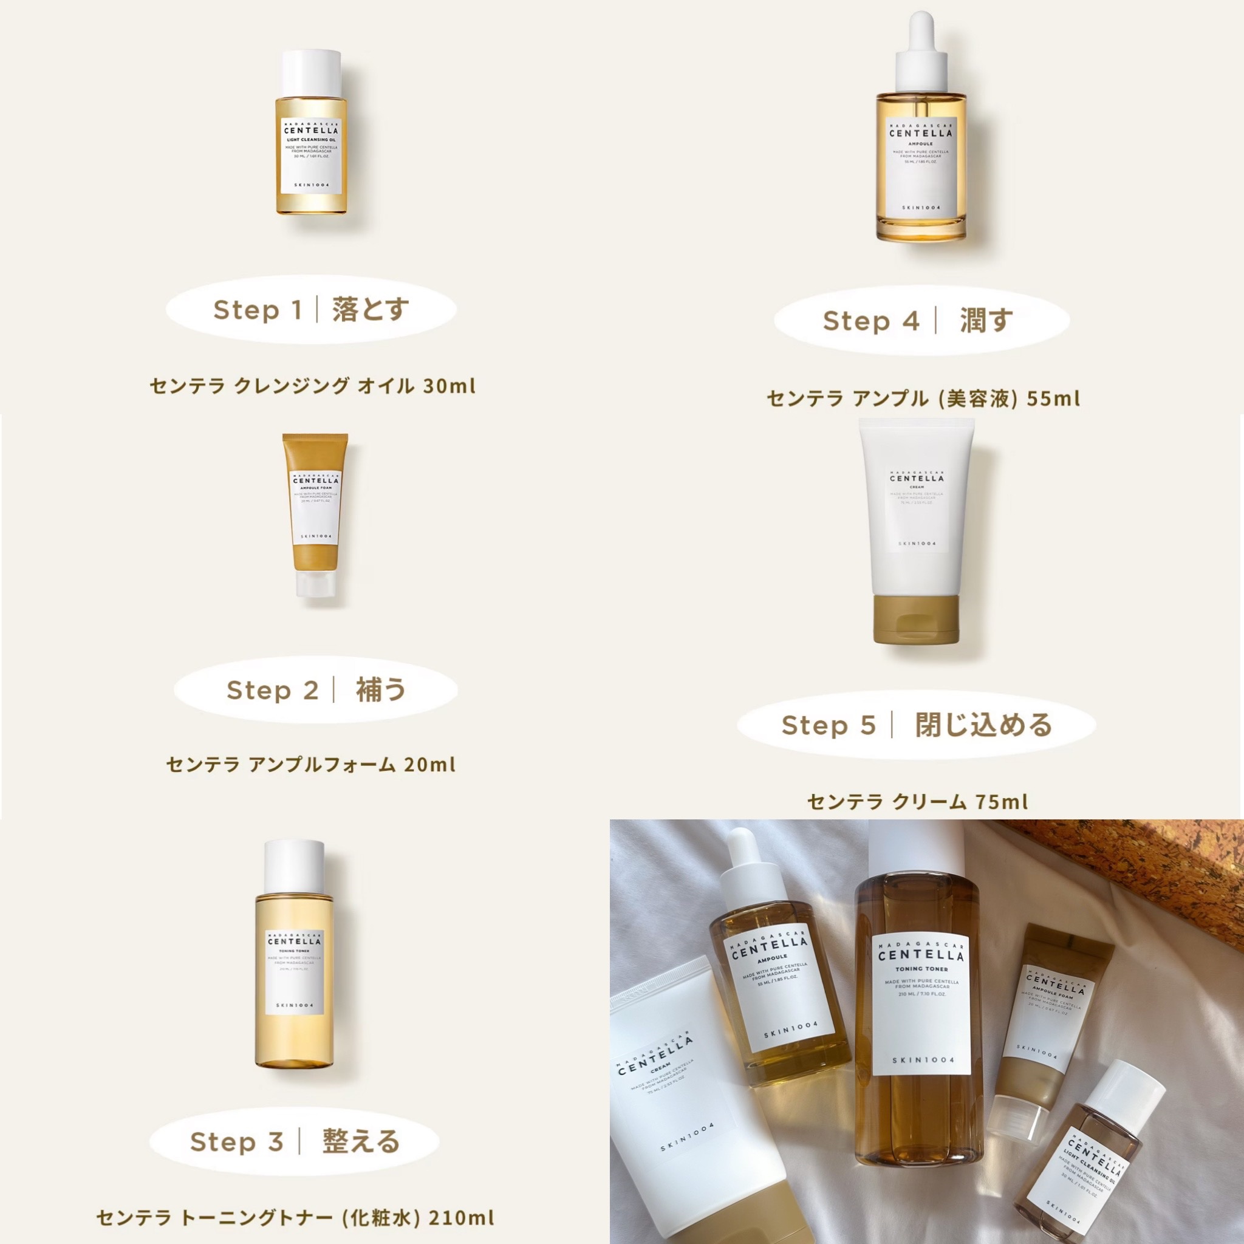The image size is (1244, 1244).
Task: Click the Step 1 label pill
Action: click(311, 310)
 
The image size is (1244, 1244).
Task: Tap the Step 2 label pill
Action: click(315, 690)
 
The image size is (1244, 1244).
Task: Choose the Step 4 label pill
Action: click(921, 320)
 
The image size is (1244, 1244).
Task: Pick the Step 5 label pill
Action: click(916, 725)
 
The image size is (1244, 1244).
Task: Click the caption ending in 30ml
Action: click(313, 386)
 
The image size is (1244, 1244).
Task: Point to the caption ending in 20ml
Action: click(311, 765)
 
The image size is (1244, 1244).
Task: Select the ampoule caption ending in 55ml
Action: click(923, 398)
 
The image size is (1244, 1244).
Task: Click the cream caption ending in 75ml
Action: click(918, 802)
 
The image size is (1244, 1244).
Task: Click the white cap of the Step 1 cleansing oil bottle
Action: click(311, 72)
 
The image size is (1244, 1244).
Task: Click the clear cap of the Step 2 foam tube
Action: click(315, 584)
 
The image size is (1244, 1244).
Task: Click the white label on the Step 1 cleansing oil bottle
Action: click(312, 154)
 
